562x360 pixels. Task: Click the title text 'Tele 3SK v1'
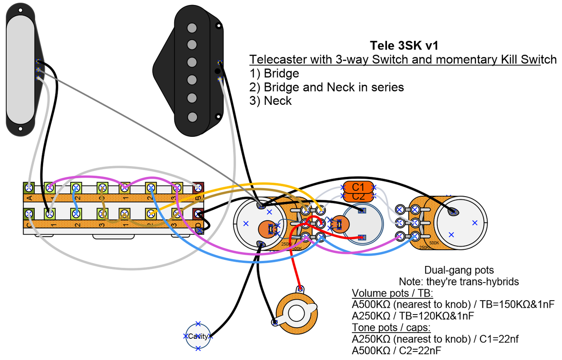click(404, 45)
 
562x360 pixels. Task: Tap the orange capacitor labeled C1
click(358, 187)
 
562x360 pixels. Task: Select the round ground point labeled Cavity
click(198, 336)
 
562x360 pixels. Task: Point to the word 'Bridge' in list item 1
click(281, 73)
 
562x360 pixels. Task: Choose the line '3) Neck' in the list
click(270, 101)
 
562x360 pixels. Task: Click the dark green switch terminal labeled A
click(29, 187)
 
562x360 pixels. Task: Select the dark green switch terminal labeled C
click(29, 212)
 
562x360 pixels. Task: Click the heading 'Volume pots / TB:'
click(391, 293)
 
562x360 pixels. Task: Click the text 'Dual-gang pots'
click(459, 270)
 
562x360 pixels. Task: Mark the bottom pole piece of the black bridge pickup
click(193, 117)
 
